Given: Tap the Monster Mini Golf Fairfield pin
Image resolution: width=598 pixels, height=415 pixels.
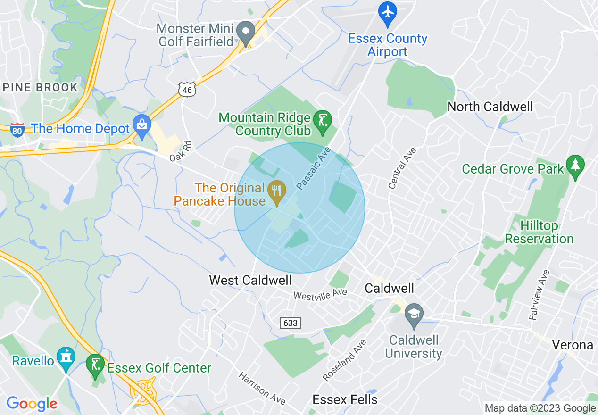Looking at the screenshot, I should coord(245,33).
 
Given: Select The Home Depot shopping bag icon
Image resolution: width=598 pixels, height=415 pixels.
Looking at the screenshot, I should coord(141,125).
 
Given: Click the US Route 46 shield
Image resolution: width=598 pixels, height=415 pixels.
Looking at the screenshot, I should coord(187,89).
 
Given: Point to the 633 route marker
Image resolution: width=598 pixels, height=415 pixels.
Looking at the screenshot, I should coord(291,323).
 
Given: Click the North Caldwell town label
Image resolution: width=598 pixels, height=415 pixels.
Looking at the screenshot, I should coord(490,107).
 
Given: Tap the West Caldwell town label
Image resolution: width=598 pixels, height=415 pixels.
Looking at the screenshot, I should coord(250,280).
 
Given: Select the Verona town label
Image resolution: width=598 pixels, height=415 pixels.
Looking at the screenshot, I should coord(573,345).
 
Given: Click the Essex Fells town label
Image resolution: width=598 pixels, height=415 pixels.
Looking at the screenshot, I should coord(345,400).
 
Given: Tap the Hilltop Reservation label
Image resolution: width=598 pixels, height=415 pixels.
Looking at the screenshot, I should coord(539,232).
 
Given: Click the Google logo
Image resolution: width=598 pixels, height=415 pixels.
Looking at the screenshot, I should coord(32,404).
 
